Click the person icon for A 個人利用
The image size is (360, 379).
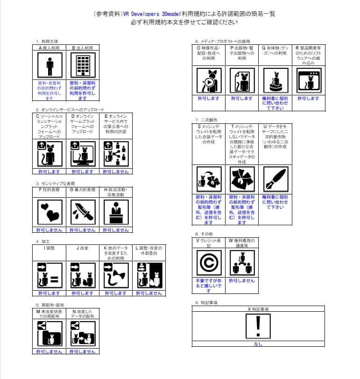(x=49, y=67)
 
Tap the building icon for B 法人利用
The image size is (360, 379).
(x=83, y=67)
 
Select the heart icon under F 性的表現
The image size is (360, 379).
(x=49, y=211)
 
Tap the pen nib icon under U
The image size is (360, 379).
(x=275, y=179)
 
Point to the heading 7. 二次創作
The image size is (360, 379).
(x=206, y=120)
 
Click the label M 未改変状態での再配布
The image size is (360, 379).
(x=49, y=314)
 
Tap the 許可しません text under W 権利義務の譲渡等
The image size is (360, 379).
(x=242, y=281)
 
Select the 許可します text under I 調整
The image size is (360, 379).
(x=49, y=293)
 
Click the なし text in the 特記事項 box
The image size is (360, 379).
(x=258, y=344)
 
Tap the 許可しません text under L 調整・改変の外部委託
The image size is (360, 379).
(x=149, y=293)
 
